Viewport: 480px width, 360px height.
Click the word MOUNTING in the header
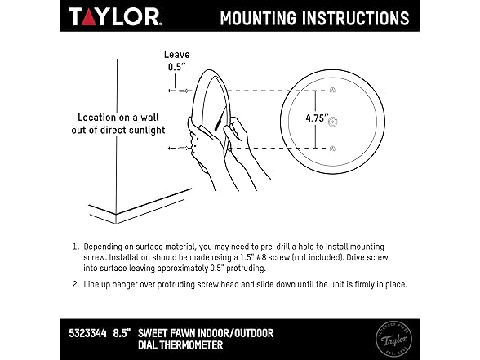[258, 18]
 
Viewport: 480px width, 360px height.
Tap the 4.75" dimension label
[317, 118]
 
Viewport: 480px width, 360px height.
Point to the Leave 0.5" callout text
[177, 60]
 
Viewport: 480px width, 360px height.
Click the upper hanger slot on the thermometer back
[332, 90]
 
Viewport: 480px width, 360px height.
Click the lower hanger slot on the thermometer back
[332, 149]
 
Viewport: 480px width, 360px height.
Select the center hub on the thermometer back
[332, 122]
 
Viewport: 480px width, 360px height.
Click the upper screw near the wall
[184, 91]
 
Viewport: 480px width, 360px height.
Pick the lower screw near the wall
[184, 149]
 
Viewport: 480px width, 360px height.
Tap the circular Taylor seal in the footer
[393, 340]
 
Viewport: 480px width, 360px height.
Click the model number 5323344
[88, 333]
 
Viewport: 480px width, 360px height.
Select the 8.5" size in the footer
[122, 333]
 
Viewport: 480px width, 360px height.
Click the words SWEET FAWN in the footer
[167, 333]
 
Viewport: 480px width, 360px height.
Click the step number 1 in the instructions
[75, 247]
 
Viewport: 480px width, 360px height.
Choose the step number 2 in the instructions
[75, 284]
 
